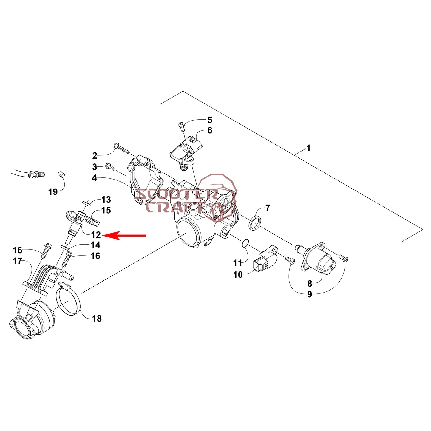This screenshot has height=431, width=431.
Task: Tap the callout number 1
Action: (x=308, y=148)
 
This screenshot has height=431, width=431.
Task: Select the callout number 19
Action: (x=53, y=192)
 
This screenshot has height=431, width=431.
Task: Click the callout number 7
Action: (x=268, y=208)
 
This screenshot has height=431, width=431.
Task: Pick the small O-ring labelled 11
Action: (x=245, y=243)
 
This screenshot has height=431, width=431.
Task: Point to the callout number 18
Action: (x=97, y=319)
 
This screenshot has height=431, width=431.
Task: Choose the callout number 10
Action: (x=238, y=274)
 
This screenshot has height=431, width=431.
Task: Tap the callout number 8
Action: (x=310, y=283)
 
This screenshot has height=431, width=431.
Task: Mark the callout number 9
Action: (x=310, y=294)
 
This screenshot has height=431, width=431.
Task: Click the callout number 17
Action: (x=18, y=261)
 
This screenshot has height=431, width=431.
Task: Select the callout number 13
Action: (x=106, y=200)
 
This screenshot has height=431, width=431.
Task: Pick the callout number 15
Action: (x=106, y=210)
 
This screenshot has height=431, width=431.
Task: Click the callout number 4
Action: (x=94, y=178)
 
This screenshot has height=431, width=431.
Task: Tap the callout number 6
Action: (x=210, y=130)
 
